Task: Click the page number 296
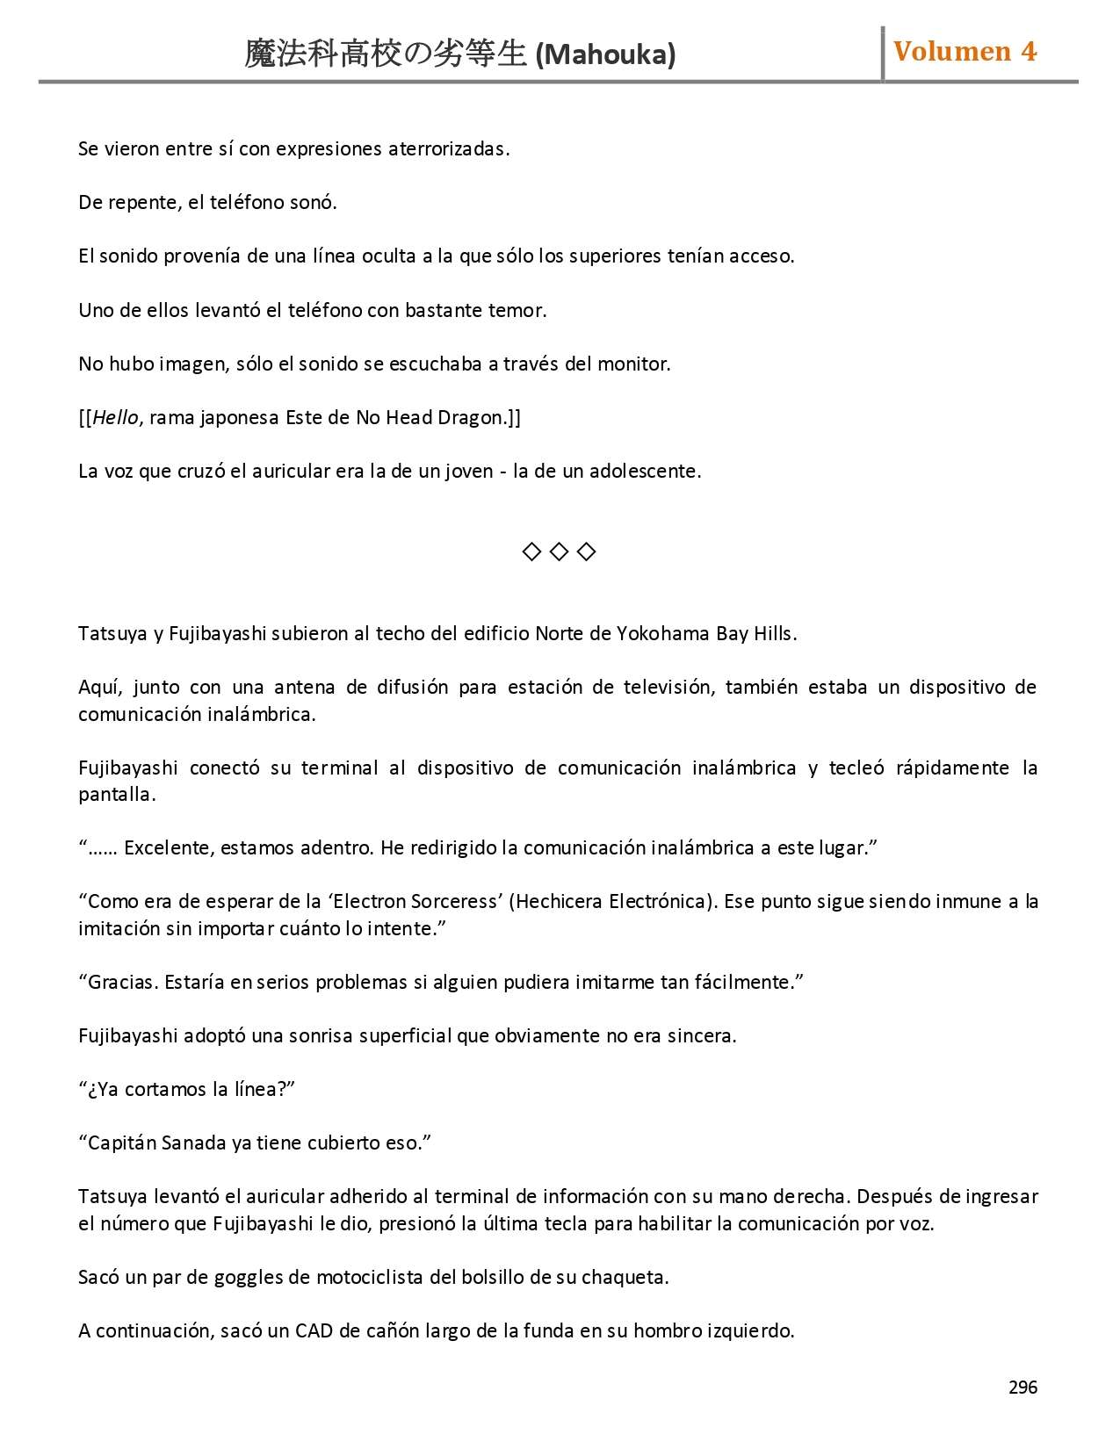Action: click(x=1022, y=1388)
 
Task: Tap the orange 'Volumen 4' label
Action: click(x=965, y=52)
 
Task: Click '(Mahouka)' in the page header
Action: click(x=605, y=55)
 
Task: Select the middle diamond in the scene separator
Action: click(x=559, y=551)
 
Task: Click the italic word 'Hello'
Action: click(x=115, y=418)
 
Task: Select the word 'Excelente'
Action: click(x=167, y=848)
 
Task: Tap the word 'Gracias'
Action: click(x=123, y=983)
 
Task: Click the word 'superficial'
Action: click(x=407, y=1036)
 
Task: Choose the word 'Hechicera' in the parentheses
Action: click(x=559, y=902)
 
